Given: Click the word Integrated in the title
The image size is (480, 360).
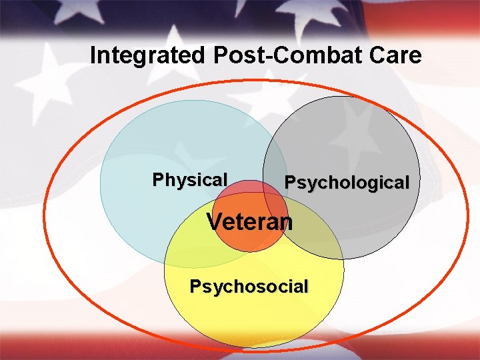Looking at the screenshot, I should tap(148, 55).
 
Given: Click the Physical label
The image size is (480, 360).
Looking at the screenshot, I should tap(190, 180).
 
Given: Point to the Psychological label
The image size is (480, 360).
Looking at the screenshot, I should tap(347, 183).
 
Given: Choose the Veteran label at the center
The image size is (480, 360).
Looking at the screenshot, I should tap(249, 221).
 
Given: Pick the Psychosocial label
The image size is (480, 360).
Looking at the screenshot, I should tap(249, 287).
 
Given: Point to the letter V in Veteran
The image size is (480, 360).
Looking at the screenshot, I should tap(215, 221).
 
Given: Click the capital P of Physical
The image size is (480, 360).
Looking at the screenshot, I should tap(157, 180).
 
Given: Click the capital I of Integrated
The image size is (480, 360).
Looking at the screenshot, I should tap(93, 55).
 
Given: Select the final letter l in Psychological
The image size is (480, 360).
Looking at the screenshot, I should tap(406, 182).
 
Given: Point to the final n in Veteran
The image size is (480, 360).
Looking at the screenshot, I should tap(286, 222).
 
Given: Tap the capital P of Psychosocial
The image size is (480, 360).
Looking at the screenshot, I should tap(195, 287).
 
